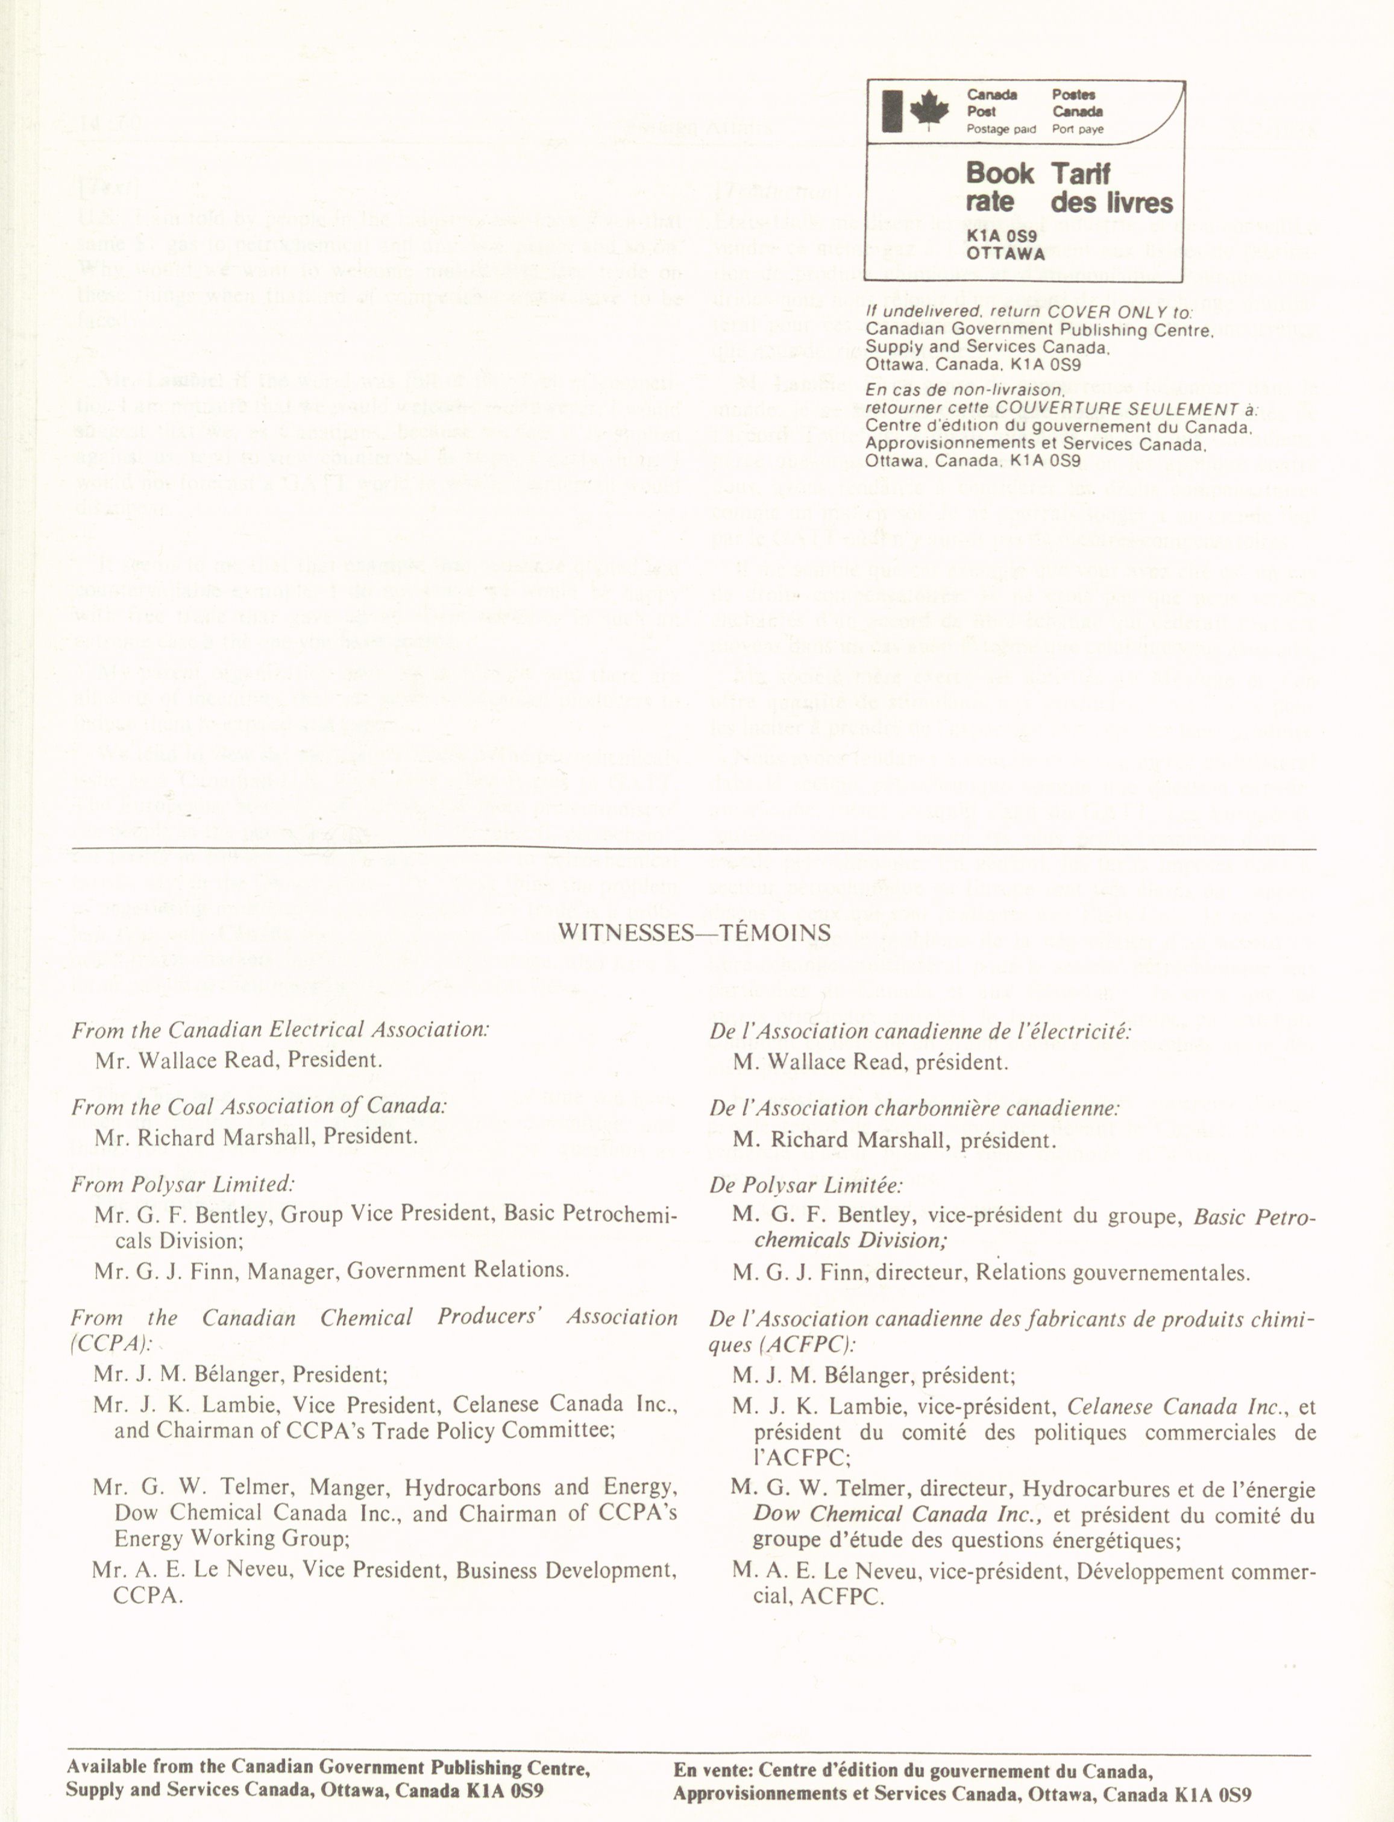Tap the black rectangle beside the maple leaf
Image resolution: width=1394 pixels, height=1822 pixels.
click(x=892, y=110)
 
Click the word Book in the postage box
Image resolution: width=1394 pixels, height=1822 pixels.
click(x=1000, y=174)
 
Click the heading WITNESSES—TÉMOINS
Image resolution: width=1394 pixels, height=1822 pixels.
click(x=694, y=933)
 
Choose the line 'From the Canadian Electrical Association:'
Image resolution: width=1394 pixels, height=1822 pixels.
click(x=280, y=1030)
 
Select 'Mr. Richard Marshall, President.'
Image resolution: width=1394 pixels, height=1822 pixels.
click(x=256, y=1136)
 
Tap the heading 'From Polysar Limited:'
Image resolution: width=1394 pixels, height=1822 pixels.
click(x=183, y=1185)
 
